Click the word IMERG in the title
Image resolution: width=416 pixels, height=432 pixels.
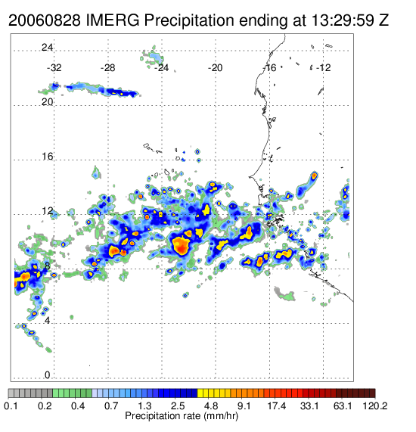113,20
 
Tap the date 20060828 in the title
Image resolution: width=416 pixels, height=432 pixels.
45,20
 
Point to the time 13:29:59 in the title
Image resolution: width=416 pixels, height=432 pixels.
343,20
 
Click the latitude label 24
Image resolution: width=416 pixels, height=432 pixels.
47,48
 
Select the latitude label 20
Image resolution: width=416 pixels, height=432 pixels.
47,102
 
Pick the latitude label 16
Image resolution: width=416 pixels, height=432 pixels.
47,157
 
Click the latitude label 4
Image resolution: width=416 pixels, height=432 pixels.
48,321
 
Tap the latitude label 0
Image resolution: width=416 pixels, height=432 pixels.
48,375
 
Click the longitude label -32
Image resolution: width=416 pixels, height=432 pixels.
54,68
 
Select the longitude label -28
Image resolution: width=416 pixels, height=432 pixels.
107,68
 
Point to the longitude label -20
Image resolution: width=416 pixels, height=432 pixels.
215,68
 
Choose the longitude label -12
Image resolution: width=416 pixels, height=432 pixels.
323,68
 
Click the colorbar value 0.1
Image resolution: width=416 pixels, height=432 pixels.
11,406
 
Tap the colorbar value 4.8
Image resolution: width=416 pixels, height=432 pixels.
211,406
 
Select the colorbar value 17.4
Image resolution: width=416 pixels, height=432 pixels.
277,406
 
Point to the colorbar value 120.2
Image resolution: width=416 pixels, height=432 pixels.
374,406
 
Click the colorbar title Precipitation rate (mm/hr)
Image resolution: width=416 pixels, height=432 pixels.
182,415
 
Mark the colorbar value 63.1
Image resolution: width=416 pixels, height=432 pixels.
343,406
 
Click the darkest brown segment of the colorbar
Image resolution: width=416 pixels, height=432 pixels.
372,393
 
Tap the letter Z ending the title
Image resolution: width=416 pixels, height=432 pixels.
384,20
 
